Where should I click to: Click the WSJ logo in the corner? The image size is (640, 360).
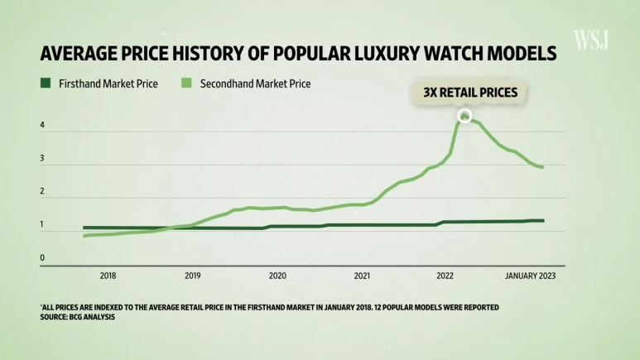tap(591, 39)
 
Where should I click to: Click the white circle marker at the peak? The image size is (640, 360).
tap(464, 116)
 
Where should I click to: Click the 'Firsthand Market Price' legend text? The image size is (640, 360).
tap(109, 84)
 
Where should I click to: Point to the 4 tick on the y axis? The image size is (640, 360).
tap(43, 127)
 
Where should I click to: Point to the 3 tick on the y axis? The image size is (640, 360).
tap(43, 160)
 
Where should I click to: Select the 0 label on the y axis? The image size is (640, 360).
tap(43, 258)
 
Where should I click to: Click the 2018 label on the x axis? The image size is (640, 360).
tap(108, 276)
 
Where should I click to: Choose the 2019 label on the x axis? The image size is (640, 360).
tap(192, 276)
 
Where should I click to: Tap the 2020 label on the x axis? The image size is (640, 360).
tap(277, 276)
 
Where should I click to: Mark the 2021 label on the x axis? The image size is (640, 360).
tap(362, 276)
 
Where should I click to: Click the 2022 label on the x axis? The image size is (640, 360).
tap(445, 276)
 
